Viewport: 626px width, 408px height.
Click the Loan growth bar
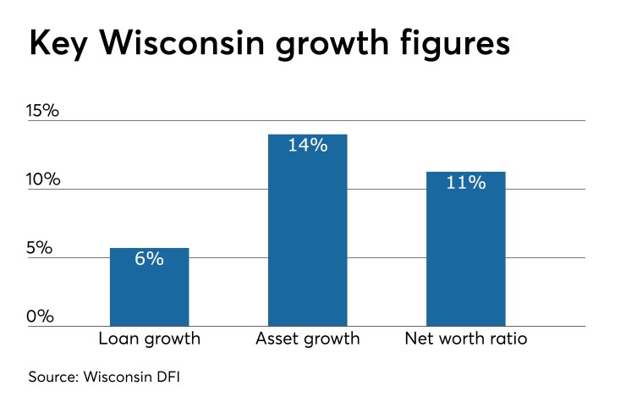pos(149,288)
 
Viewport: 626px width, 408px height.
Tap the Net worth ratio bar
pos(465,249)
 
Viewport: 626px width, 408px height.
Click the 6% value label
pos(149,259)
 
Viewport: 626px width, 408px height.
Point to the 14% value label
pos(307,146)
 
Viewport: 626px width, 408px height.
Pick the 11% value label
pos(465,183)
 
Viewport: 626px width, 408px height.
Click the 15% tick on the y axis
pos(43,111)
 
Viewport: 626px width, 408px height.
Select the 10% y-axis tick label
pos(43,179)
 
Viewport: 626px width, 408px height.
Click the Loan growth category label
pos(149,339)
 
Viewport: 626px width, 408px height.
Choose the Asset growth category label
pos(307,339)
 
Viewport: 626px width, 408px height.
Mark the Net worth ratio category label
pos(465,339)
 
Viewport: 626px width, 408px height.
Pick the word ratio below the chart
pos(507,339)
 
